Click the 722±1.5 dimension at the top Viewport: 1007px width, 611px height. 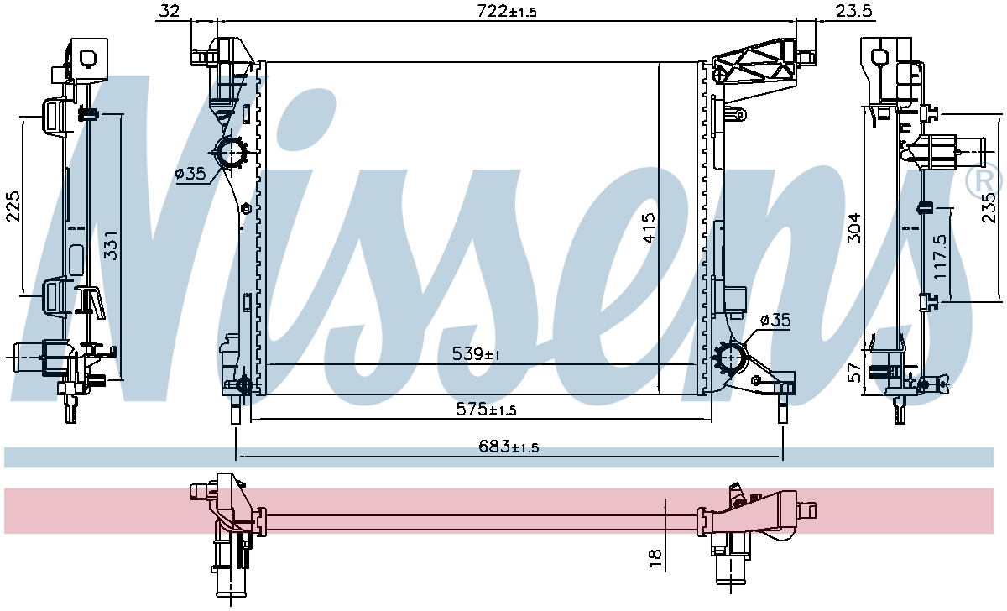click(x=507, y=11)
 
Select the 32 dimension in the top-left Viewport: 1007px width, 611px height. click(x=170, y=11)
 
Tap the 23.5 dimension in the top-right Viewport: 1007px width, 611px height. click(x=854, y=11)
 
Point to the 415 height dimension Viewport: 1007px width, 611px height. click(x=649, y=228)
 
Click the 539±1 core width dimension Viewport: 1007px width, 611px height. click(x=476, y=354)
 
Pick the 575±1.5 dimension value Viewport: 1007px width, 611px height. click(x=486, y=409)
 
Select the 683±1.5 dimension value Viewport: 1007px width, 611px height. click(x=509, y=446)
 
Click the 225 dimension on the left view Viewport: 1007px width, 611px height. click(x=13, y=206)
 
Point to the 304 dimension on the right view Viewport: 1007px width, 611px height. click(x=854, y=228)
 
